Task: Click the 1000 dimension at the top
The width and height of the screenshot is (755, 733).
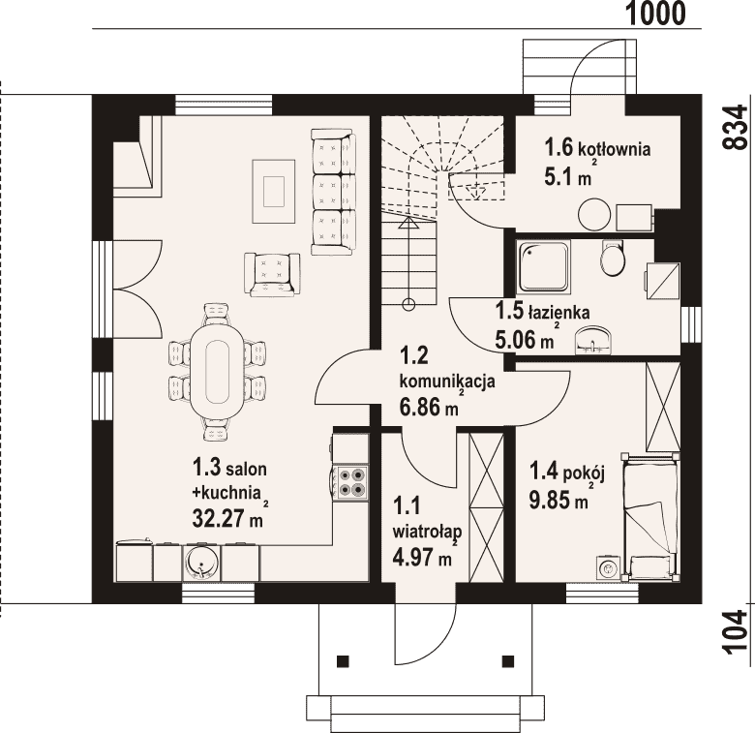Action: coord(656,14)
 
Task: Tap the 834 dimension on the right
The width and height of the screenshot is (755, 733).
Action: coord(738,128)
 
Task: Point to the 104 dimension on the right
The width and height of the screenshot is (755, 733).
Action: coord(738,632)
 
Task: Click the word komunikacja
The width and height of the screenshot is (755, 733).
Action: coord(447,382)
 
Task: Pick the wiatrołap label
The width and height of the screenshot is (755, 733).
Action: coord(428,531)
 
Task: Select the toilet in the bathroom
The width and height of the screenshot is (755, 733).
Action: coord(613,259)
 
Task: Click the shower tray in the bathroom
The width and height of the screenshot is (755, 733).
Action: coord(543,267)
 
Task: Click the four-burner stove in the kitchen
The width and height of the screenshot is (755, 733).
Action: coord(350,482)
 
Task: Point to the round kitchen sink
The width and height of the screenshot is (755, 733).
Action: coord(202,563)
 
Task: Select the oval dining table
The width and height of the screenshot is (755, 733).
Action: coord(217,373)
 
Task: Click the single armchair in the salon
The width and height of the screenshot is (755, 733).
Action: coord(272,274)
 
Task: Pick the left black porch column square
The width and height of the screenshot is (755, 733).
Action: coord(343,661)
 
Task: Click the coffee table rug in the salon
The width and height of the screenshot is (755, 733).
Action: coord(274,191)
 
